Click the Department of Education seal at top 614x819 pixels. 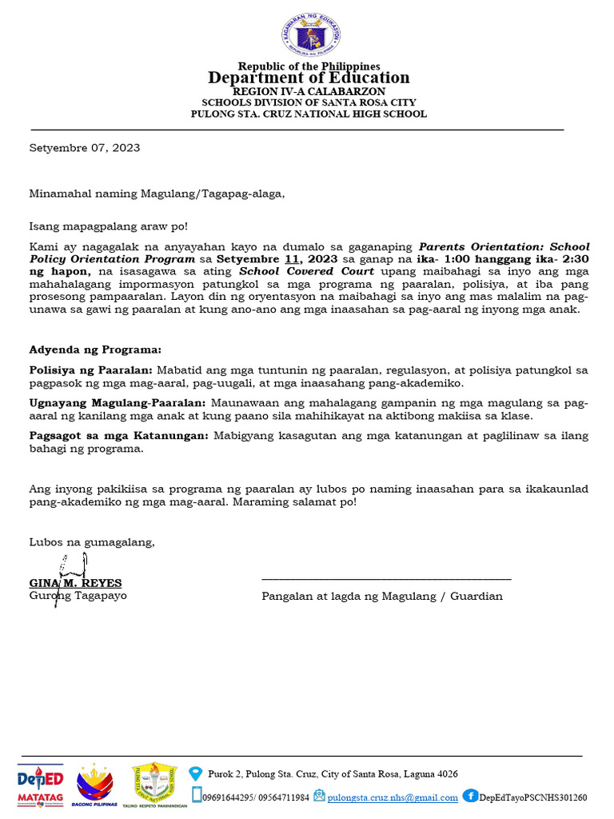point(310,35)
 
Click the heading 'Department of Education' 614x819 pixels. point(309,78)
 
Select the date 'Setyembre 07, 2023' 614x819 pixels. point(85,148)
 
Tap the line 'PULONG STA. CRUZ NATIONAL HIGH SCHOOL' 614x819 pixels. point(309,114)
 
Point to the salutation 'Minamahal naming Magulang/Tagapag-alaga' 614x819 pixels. point(157,194)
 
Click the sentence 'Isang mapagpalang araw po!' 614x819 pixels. point(109,227)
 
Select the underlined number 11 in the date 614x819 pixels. point(291,260)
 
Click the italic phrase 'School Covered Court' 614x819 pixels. point(307,272)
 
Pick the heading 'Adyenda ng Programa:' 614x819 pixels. point(95,350)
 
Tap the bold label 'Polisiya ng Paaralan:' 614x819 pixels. point(90,370)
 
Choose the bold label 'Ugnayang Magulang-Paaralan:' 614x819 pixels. point(118,404)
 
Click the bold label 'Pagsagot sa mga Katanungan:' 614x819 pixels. point(118,436)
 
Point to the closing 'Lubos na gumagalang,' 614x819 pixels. point(92,542)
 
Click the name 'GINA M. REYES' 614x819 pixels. point(76,583)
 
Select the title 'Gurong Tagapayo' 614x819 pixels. point(78,596)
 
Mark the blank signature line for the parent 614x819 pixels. point(386,577)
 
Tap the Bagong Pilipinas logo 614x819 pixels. point(94,784)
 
